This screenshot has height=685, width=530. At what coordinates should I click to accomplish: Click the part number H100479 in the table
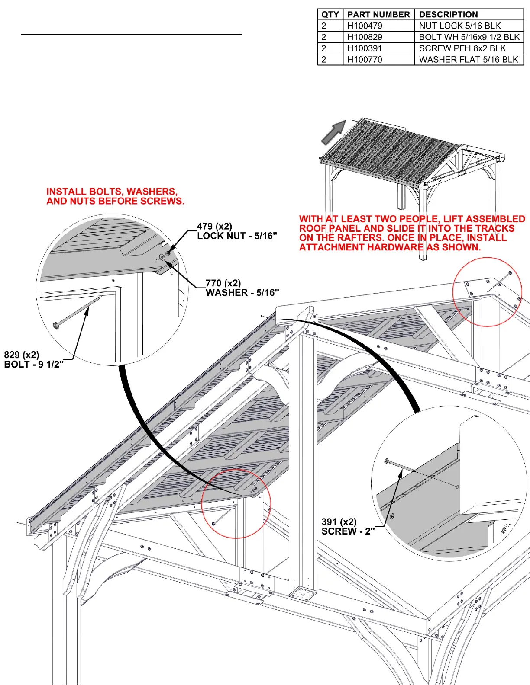click(365, 26)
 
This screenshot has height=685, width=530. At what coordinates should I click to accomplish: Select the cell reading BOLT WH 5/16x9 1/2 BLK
click(469, 37)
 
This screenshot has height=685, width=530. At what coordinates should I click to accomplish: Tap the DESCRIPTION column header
click(449, 15)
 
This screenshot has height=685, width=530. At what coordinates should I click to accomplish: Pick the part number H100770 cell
click(365, 60)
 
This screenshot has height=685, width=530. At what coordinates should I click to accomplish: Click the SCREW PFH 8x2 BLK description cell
click(462, 48)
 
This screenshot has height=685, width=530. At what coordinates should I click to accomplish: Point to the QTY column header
click(330, 15)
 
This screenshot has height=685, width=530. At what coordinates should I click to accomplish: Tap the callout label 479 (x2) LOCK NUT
click(236, 231)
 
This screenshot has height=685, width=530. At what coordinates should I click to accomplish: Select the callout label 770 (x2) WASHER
click(242, 288)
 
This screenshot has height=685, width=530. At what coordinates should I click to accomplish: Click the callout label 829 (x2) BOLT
click(34, 360)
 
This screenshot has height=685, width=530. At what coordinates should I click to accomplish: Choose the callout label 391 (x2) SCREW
click(348, 527)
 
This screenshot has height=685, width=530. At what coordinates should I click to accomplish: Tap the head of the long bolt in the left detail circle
click(56, 325)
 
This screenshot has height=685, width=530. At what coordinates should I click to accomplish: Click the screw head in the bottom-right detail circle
click(387, 461)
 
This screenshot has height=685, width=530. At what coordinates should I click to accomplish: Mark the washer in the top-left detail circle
click(162, 257)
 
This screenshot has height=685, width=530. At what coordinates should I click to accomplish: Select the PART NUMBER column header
click(378, 15)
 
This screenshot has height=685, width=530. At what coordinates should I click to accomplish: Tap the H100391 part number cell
click(365, 48)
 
